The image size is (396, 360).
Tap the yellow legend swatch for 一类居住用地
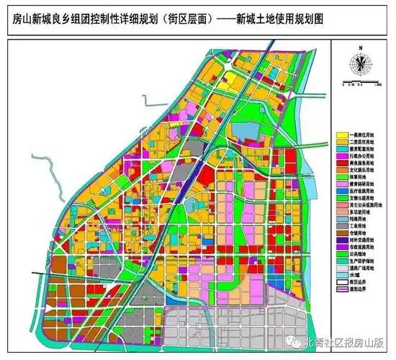(343, 135)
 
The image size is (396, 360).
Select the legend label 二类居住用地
(364, 144)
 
